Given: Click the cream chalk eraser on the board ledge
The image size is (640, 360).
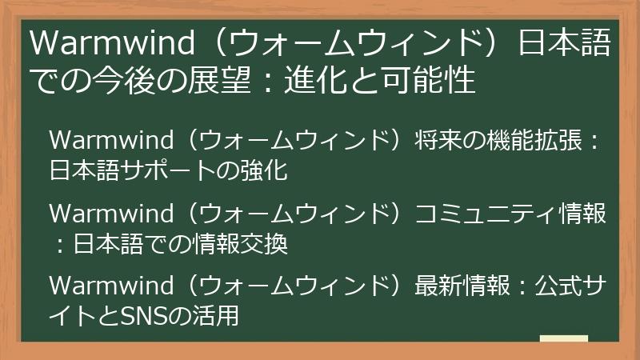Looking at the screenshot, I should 563,339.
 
